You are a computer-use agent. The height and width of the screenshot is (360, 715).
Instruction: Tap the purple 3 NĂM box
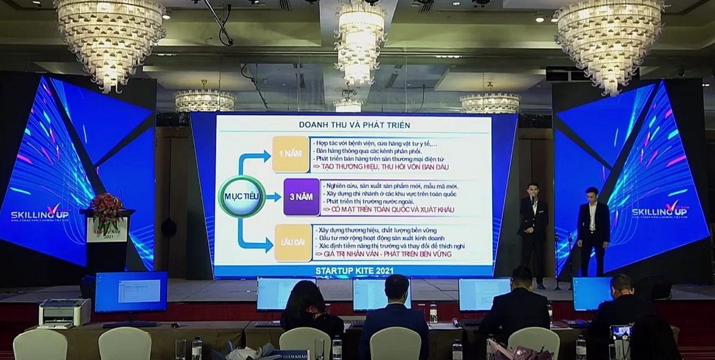coord(301,197)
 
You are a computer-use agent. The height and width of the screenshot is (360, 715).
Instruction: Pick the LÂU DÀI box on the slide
coord(293,242)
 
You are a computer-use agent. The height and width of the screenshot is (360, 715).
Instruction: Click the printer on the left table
coord(64,313)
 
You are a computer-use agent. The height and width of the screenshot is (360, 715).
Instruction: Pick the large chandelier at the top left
coord(110,37)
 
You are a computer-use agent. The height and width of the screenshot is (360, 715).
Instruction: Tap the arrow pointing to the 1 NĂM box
coord(253,160)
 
